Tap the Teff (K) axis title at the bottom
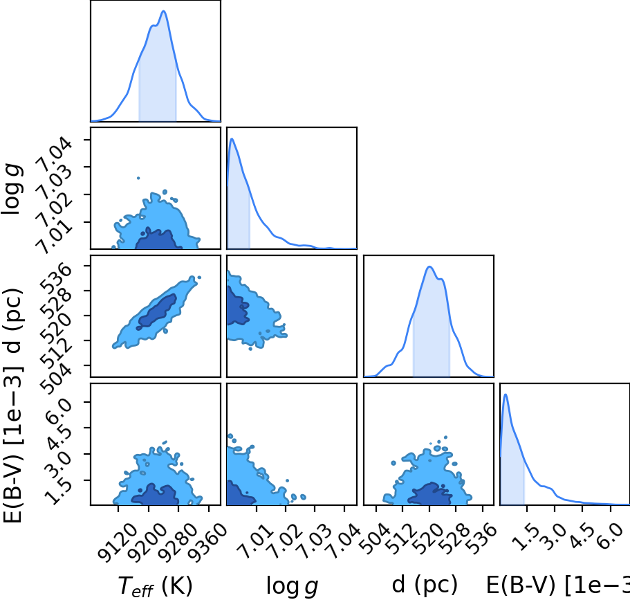(156, 586)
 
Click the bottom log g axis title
(292, 586)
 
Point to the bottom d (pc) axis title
(425, 584)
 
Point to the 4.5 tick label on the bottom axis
(582, 536)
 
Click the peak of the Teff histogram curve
(163, 11)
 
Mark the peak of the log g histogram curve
(232, 138)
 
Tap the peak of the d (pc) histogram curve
(429, 266)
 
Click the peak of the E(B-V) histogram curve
(506, 394)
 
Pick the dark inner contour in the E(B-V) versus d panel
(430, 494)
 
